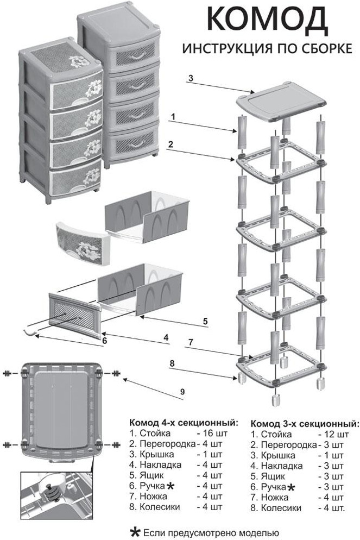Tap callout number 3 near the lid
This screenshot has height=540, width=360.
(191, 78)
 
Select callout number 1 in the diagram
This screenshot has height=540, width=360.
(173, 117)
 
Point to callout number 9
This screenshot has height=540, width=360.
(182, 392)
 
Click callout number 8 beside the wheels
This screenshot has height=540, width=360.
(172, 363)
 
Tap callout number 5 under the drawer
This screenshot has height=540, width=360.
(205, 321)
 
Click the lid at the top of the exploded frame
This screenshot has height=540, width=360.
(281, 103)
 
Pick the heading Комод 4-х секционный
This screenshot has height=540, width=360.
(184, 423)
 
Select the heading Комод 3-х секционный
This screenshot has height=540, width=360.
(305, 423)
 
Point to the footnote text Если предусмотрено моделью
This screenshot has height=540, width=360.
(210, 533)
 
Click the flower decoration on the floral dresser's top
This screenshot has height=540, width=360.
(79, 61)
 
